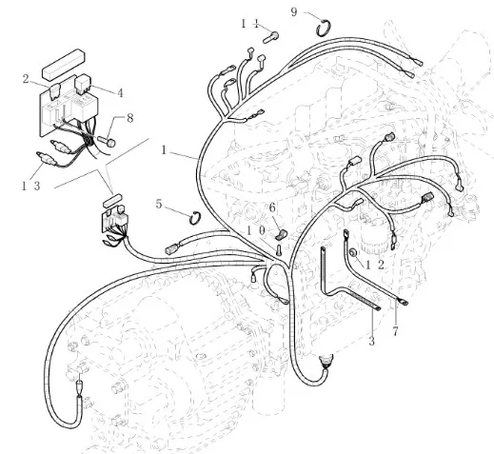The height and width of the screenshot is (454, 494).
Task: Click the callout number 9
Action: (x=294, y=12)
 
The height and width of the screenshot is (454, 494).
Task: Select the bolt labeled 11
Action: (x=270, y=37)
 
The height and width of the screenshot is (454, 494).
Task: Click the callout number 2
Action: (x=26, y=79)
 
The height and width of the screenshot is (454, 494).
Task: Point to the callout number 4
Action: (x=120, y=93)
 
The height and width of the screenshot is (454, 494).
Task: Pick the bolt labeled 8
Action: (x=107, y=141)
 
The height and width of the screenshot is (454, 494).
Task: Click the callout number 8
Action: (x=129, y=118)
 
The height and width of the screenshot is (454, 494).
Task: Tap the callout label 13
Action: (x=31, y=186)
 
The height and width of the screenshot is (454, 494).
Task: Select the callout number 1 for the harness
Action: (x=164, y=150)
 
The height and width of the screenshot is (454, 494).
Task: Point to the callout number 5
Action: (x=159, y=204)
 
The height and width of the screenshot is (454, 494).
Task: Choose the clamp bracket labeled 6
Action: (x=280, y=235)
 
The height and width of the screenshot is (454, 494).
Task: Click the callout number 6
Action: (x=272, y=208)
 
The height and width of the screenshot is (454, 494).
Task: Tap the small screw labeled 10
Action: (x=279, y=249)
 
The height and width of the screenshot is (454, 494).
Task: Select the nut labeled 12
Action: (x=352, y=253)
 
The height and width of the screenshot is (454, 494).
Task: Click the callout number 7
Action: (x=395, y=331)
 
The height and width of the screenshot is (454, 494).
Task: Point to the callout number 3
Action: (x=371, y=342)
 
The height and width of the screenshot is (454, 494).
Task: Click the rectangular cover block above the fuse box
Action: (x=64, y=64)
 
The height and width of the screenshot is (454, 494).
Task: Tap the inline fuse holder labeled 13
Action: (x=47, y=158)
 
